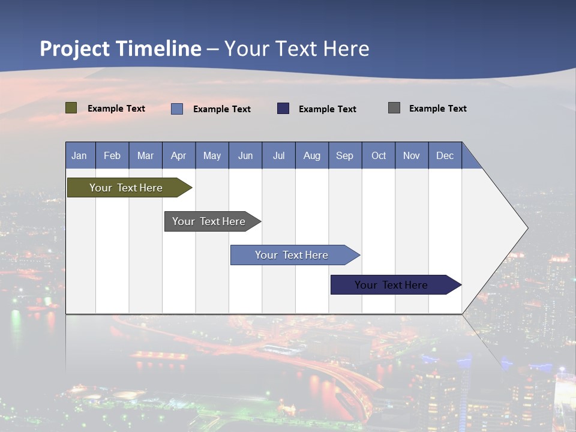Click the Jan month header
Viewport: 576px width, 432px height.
(x=80, y=155)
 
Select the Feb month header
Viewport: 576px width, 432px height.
(x=112, y=155)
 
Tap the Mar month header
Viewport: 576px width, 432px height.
(x=145, y=155)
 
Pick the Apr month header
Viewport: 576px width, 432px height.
(x=179, y=155)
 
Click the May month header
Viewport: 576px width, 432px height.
(x=212, y=155)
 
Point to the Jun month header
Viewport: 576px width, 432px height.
(x=245, y=155)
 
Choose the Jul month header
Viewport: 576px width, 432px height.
(x=278, y=155)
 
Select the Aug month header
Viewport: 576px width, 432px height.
(x=312, y=155)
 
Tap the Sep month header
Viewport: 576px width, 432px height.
(x=345, y=155)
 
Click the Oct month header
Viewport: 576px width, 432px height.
(x=379, y=155)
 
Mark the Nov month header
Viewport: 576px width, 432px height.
(x=412, y=155)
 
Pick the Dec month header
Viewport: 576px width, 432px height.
(x=445, y=155)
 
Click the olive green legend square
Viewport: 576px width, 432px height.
(x=71, y=108)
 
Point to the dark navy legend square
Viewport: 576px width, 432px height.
(x=283, y=109)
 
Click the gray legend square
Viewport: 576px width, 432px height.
(x=394, y=108)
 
